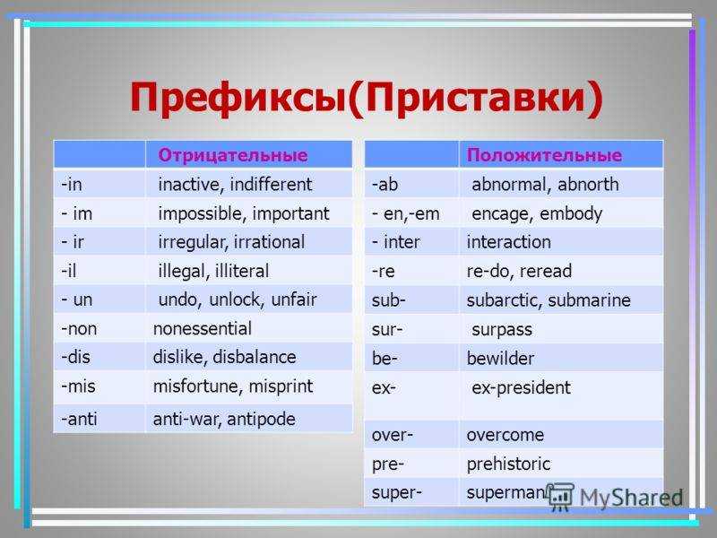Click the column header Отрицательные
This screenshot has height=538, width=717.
tap(233, 155)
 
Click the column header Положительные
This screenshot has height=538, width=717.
tap(544, 155)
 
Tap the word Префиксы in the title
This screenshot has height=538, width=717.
tap(238, 97)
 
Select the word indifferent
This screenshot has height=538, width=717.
tap(271, 185)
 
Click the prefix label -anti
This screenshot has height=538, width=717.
tap(79, 419)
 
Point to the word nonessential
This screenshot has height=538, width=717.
tap(203, 328)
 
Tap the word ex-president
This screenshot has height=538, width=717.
tap(522, 388)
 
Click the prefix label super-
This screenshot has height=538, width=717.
tap(396, 493)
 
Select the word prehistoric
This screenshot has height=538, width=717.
tap(508, 464)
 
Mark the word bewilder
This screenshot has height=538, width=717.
tap(500, 358)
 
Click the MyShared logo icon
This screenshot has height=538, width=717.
tap(561, 497)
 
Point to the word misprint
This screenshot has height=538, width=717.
tap(281, 386)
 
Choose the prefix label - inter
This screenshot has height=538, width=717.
tap(395, 242)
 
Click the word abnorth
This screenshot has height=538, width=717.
tap(588, 185)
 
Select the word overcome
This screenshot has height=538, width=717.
tap(505, 435)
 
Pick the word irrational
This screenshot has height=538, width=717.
tap(270, 242)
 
